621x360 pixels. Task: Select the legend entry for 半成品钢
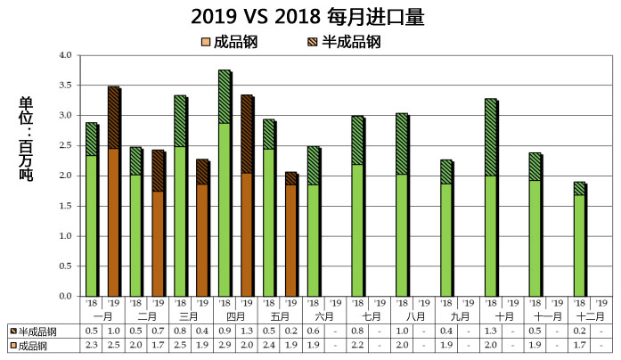pos(343,41)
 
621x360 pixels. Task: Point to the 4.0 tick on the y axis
pos(64,55)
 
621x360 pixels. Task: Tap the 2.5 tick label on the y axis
pos(64,145)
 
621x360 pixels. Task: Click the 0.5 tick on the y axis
pos(64,266)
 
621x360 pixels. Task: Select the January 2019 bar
pos(113,192)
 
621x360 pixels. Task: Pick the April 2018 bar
pos(225,183)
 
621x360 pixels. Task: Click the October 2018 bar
pos(491,197)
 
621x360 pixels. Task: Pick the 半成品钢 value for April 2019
pos(247,331)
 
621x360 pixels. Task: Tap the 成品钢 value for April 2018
pos(225,345)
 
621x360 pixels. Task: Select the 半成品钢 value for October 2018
pos(491,331)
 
